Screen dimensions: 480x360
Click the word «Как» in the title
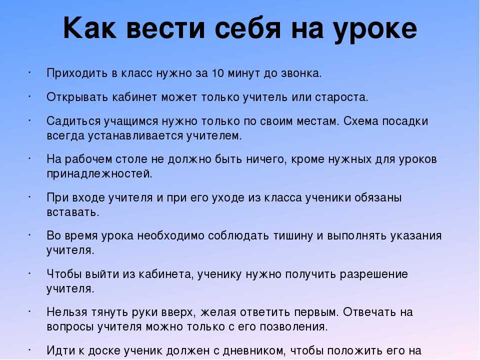point(89,28)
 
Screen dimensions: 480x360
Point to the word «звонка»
point(301,73)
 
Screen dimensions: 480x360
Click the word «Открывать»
point(77,97)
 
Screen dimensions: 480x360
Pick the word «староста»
point(341,97)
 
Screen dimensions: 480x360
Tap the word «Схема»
point(361,121)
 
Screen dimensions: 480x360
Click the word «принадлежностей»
point(99,174)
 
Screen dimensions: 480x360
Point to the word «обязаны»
point(378,197)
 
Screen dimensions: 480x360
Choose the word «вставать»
point(73,212)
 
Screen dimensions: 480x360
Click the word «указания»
point(415,236)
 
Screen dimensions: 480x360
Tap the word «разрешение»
point(374,274)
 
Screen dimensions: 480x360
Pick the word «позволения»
point(294,327)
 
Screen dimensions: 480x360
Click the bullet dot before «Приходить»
point(30,72)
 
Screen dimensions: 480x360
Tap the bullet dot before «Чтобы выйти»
point(30,273)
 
